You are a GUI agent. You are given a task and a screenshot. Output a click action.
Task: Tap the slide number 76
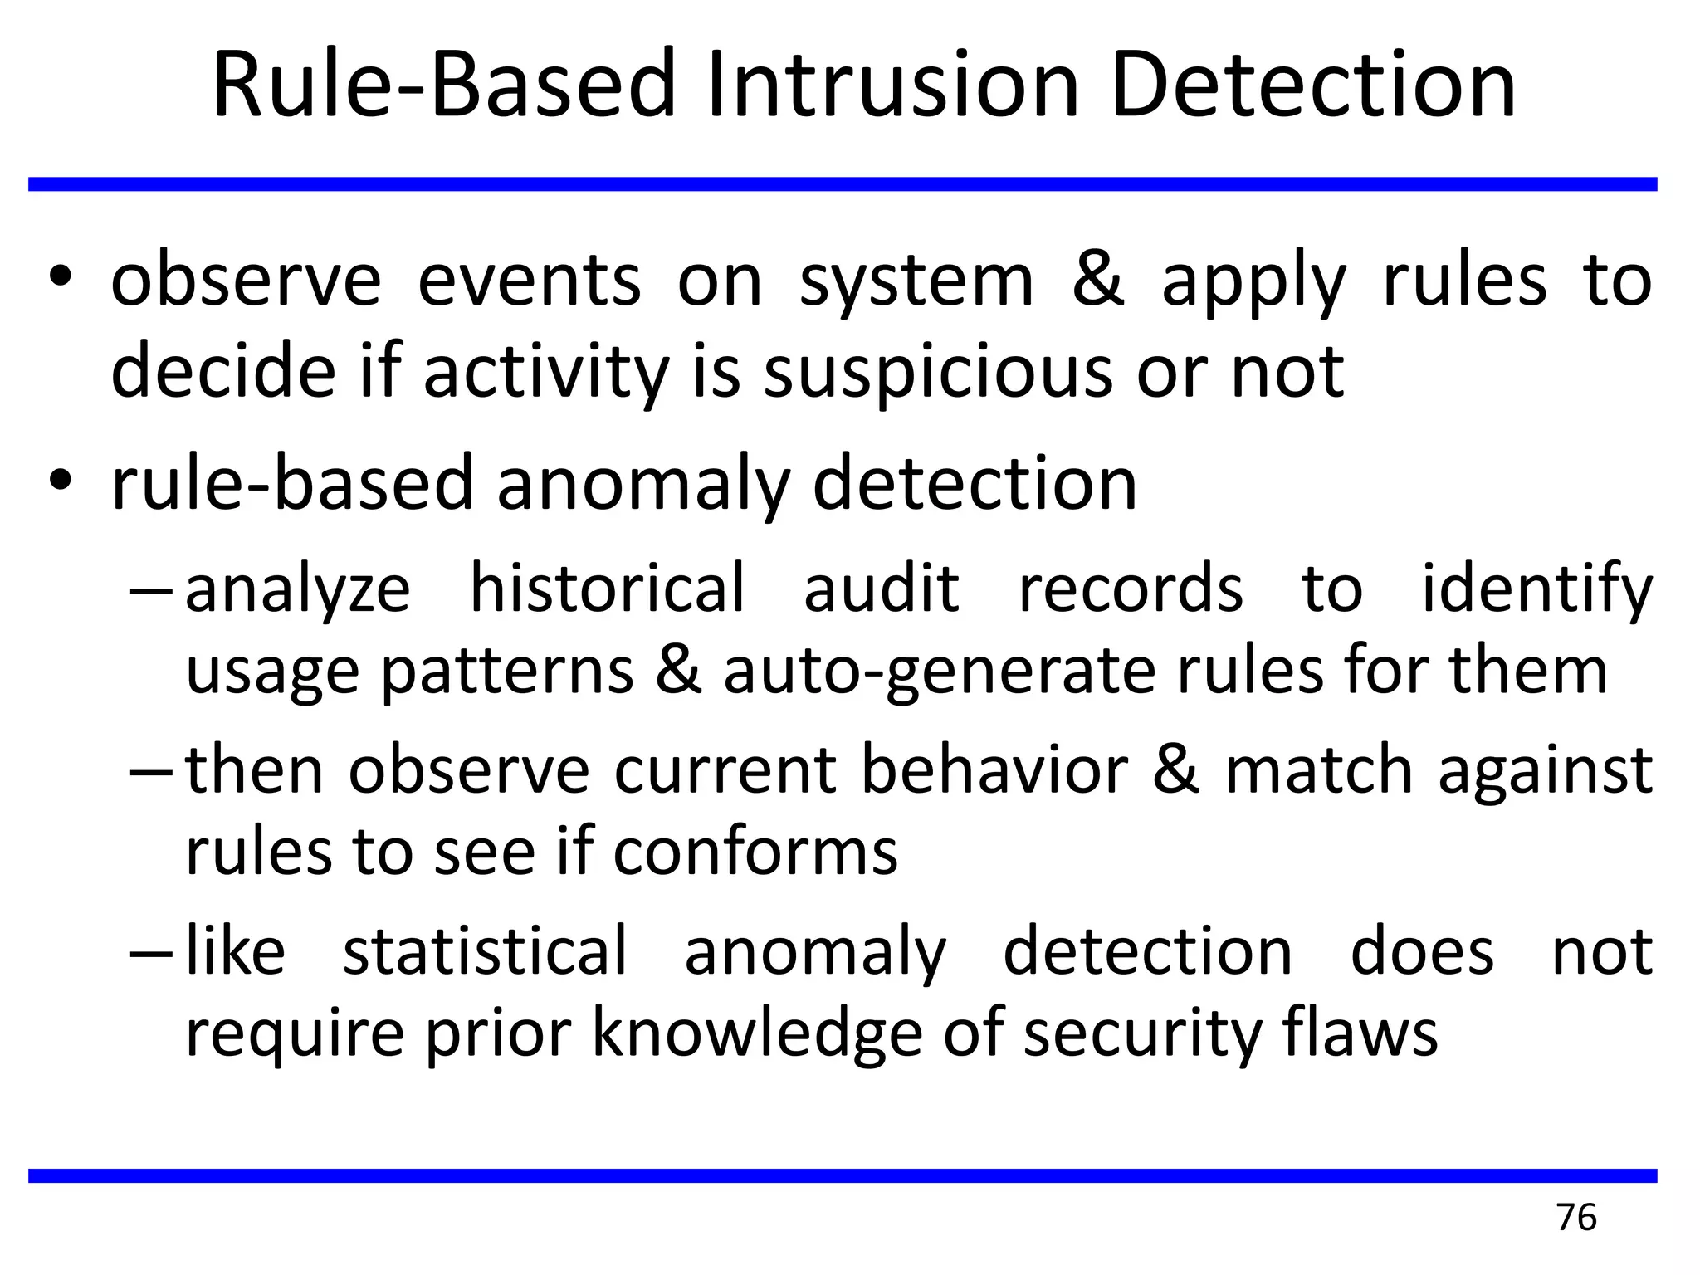pyautogui.click(x=1576, y=1218)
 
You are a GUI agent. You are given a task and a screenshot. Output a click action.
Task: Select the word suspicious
pyautogui.click(x=937, y=372)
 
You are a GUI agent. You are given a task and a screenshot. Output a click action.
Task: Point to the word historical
pyautogui.click(x=608, y=589)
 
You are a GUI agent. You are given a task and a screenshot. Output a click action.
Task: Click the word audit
pyautogui.click(x=882, y=589)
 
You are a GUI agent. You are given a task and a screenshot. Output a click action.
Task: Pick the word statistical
pyautogui.click(x=485, y=951)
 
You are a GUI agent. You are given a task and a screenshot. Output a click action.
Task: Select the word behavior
pyautogui.click(x=995, y=769)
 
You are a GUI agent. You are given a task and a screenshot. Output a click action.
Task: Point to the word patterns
pyautogui.click(x=507, y=672)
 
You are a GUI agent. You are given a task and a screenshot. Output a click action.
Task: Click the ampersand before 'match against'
pyautogui.click(x=1175, y=769)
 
